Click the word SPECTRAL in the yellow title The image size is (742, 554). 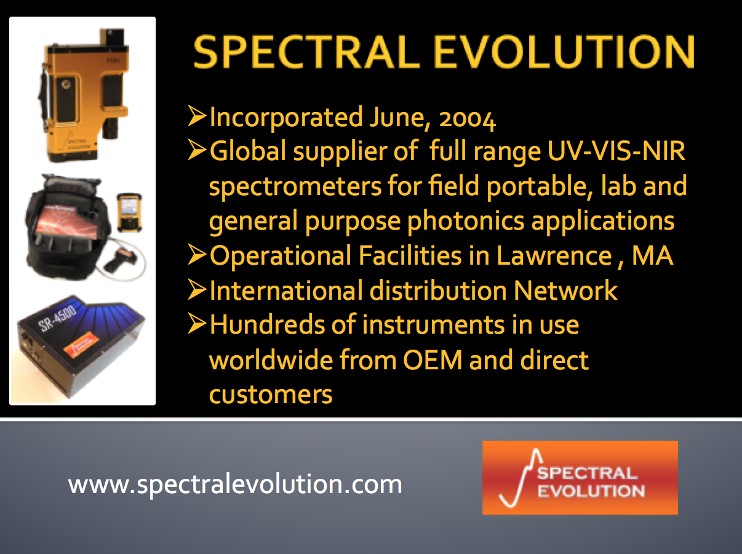[x=306, y=52]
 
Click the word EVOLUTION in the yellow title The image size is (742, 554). [x=564, y=52]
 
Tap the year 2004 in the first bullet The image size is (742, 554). [x=467, y=118]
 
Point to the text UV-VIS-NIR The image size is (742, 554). [x=616, y=151]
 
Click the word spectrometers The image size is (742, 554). [x=295, y=187]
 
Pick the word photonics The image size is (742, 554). [x=466, y=221]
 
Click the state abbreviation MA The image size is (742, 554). [x=652, y=255]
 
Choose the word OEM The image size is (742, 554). [x=433, y=360]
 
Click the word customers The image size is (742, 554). [x=271, y=395]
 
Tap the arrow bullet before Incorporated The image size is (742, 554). [x=197, y=116]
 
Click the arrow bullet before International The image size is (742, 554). [x=197, y=289]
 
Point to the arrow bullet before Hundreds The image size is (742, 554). [x=197, y=324]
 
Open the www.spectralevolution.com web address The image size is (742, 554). [x=235, y=484]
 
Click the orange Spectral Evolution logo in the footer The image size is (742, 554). [x=580, y=478]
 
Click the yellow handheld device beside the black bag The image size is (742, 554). [x=129, y=212]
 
